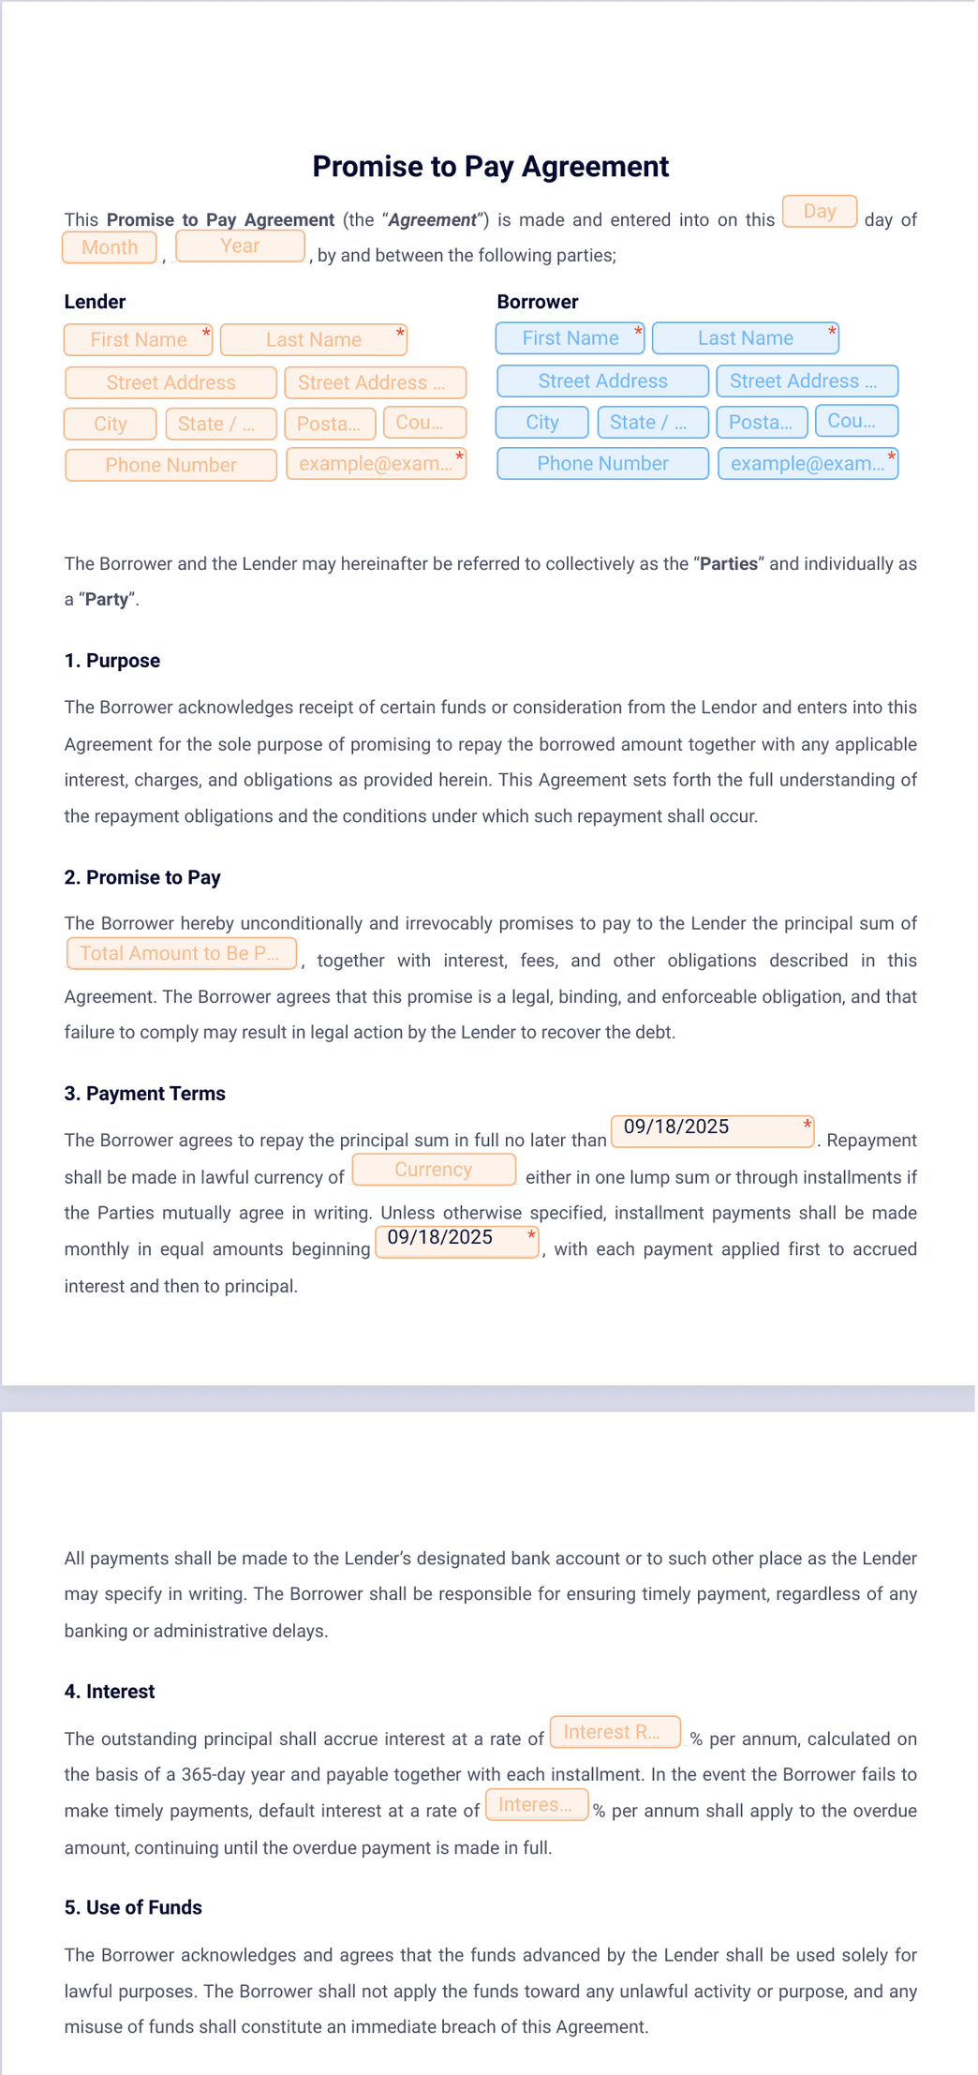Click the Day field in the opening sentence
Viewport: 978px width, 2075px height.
pyautogui.click(x=819, y=212)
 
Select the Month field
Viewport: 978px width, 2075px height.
pyautogui.click(x=110, y=247)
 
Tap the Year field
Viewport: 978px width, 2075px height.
pyautogui.click(x=240, y=246)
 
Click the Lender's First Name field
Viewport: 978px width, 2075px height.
pyautogui.click(x=139, y=340)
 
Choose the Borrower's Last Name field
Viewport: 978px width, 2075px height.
pyautogui.click(x=745, y=338)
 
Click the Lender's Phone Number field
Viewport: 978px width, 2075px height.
pyautogui.click(x=170, y=465)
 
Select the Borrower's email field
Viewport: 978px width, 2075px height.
pyautogui.click(x=808, y=463)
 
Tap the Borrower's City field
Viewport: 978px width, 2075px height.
pyautogui.click(x=541, y=423)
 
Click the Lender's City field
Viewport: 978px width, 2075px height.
pyautogui.click(x=110, y=425)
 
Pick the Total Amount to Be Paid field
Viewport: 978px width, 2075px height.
pyautogui.click(x=181, y=954)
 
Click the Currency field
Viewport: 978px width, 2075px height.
pyautogui.click(x=434, y=1170)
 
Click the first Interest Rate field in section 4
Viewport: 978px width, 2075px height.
pyautogui.click(x=615, y=1732)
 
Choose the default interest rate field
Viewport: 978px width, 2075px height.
pyautogui.click(x=537, y=1805)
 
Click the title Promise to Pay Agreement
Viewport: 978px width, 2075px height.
pyautogui.click(x=490, y=167)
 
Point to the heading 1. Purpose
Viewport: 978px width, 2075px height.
pyautogui.click(x=111, y=661)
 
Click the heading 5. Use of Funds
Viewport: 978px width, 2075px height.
pyautogui.click(x=133, y=1907)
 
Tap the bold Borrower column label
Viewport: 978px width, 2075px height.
pyautogui.click(x=537, y=302)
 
